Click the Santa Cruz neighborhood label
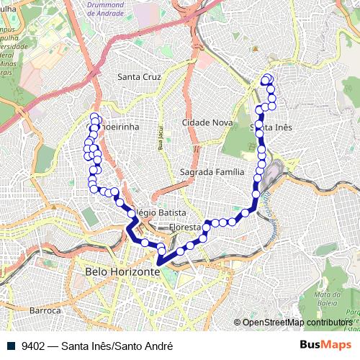coord(139,76)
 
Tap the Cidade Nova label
coord(207,122)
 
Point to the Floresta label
coord(184,228)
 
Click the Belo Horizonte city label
coord(122,272)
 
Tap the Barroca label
coord(45,310)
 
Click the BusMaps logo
coord(325,346)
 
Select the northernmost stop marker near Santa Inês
coord(268,78)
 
